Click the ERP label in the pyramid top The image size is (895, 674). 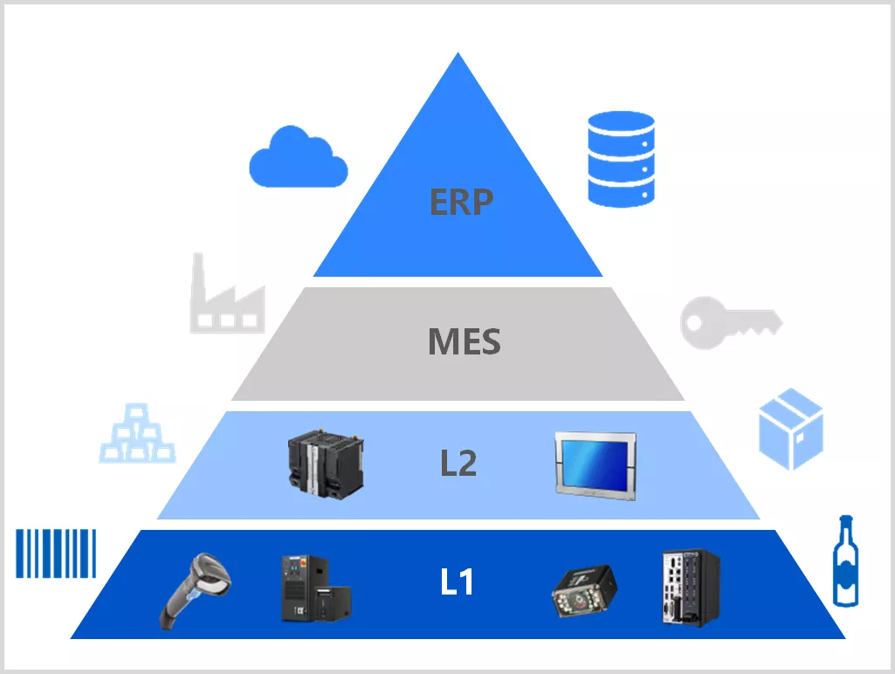(461, 202)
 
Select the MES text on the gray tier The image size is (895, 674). (464, 341)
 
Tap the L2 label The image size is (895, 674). (458, 464)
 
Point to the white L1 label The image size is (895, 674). (457, 582)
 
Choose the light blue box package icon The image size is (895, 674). (790, 429)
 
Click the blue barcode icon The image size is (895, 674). (56, 554)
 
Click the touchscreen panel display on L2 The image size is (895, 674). (596, 468)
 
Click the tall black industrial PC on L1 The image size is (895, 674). (689, 586)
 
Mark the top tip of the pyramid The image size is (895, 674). (457, 54)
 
